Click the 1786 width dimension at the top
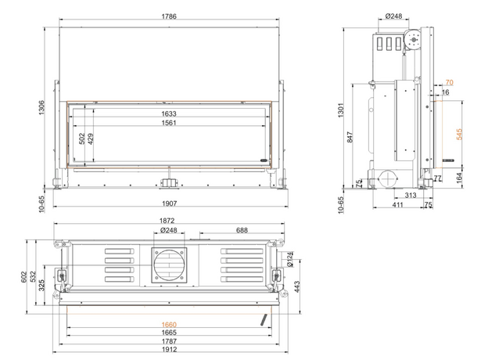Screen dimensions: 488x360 point(169,16)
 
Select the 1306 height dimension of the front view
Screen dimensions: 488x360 point(41,107)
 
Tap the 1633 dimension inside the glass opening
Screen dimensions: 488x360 point(169,113)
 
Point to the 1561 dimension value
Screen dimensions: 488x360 point(169,123)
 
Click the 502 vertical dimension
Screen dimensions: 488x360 point(82,139)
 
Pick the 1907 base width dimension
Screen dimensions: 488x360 point(169,203)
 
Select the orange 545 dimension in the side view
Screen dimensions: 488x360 point(459,135)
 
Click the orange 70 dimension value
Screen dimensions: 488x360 point(450,82)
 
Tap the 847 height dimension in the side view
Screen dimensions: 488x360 point(350,137)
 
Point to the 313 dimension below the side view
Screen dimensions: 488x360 point(411,195)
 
